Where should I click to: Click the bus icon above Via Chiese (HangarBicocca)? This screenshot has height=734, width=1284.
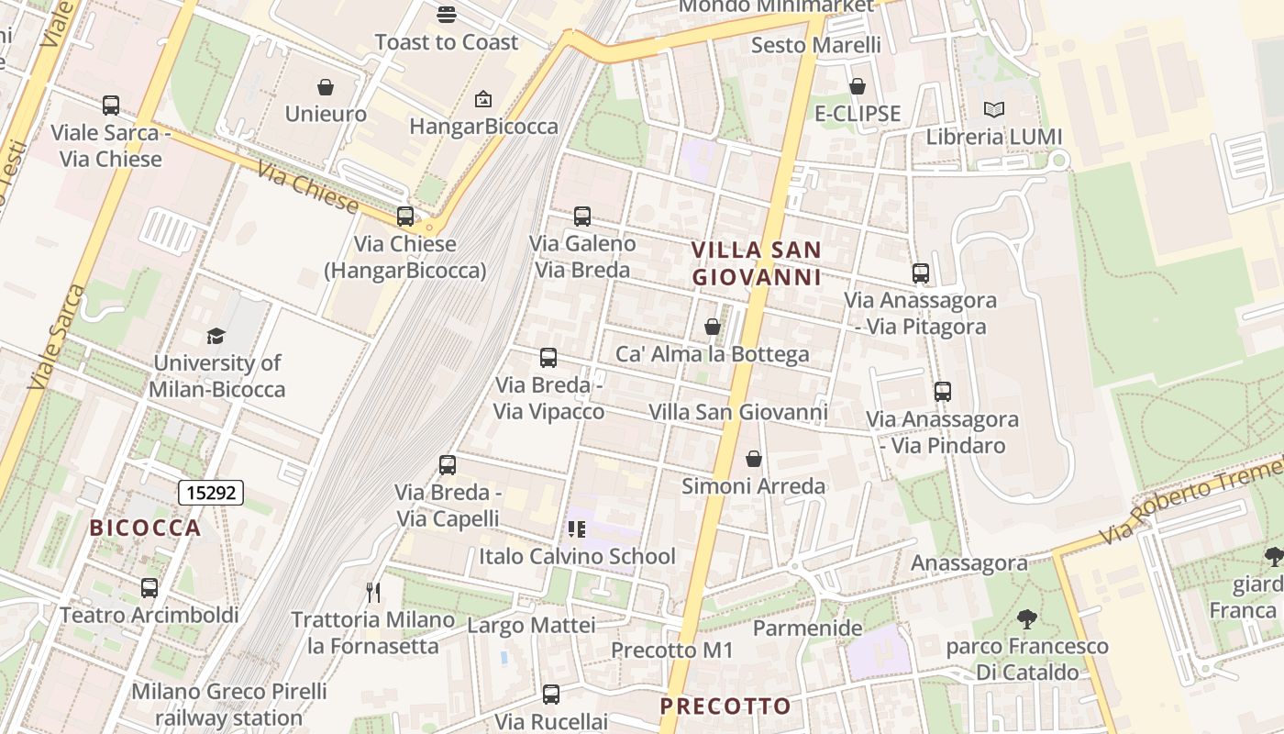point(404,217)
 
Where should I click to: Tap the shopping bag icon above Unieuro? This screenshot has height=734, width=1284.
point(325,87)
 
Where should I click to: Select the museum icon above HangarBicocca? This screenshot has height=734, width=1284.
point(483,99)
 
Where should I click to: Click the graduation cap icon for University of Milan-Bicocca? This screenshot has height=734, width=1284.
point(216,336)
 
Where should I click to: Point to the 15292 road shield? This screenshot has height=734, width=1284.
point(211,493)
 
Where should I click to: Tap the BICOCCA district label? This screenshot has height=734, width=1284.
point(145,528)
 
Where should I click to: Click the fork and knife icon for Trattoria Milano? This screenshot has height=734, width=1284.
point(372,592)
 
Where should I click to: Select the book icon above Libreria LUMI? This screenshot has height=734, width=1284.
point(993,110)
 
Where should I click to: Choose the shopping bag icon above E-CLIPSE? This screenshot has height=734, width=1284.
point(858,86)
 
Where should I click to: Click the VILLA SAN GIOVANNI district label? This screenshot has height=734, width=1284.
point(756,263)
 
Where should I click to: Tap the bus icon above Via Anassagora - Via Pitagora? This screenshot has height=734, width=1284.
point(920,272)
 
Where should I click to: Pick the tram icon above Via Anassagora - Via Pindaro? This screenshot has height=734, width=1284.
point(942,392)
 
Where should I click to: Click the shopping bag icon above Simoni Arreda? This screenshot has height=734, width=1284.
point(753,459)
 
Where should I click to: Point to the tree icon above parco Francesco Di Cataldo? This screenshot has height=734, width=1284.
point(1027,619)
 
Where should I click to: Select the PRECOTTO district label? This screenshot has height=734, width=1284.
point(725,706)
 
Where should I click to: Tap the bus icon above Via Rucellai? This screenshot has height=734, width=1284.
point(550,695)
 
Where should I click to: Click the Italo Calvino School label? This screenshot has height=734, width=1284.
point(577,556)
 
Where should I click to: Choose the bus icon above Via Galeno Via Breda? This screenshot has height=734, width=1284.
point(581,217)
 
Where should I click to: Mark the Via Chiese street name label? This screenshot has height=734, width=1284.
point(307,187)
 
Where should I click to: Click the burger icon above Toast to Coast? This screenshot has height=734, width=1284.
point(447,15)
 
